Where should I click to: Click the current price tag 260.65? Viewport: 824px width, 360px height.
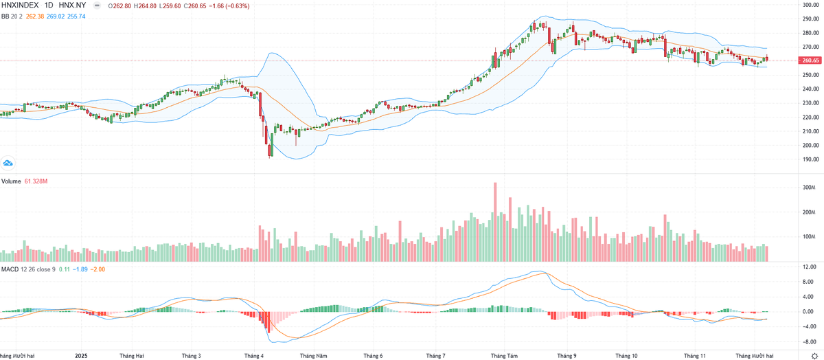tap(810, 60)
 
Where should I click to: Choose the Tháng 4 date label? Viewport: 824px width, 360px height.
tap(254, 356)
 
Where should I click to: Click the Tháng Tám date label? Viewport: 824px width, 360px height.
tap(504, 356)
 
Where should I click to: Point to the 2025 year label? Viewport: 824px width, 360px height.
tap(82, 356)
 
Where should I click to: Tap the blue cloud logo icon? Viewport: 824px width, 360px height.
tap(9, 163)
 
